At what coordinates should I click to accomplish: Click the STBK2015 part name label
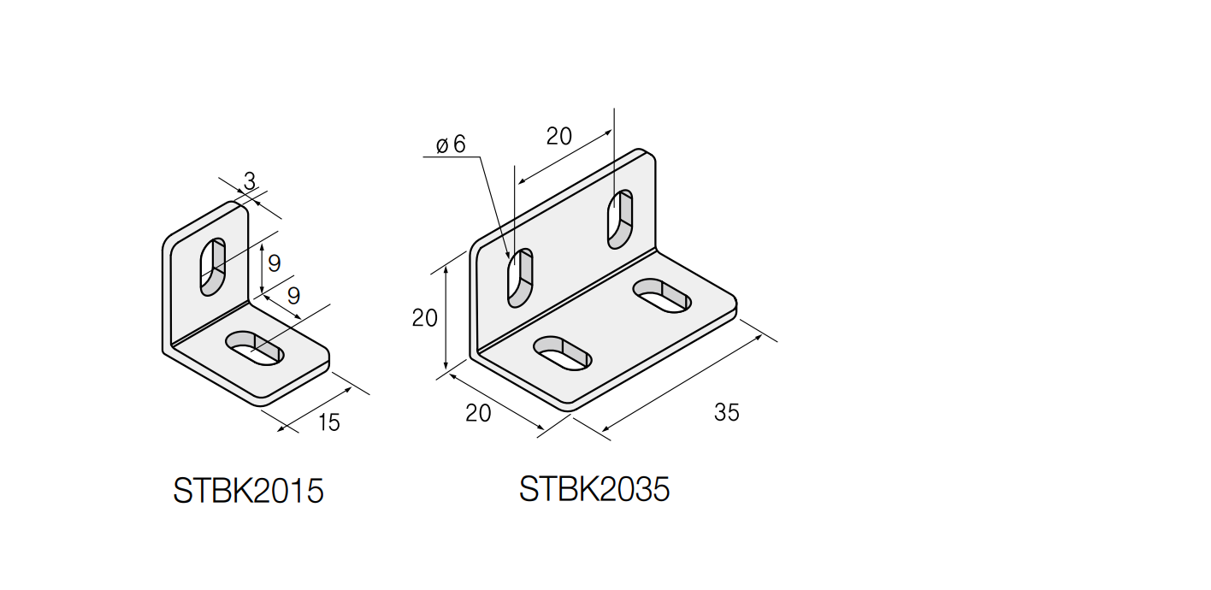pyautogui.click(x=248, y=492)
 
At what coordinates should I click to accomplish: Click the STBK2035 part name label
pyautogui.click(x=594, y=489)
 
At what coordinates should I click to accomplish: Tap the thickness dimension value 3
pyautogui.click(x=249, y=180)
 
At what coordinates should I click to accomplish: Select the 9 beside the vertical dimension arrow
pyautogui.click(x=274, y=263)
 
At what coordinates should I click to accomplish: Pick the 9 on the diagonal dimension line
pyautogui.click(x=293, y=296)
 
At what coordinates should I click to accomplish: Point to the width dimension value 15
pyautogui.click(x=328, y=422)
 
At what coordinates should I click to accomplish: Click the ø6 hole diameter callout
pyautogui.click(x=451, y=144)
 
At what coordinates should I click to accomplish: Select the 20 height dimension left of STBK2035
pyautogui.click(x=424, y=318)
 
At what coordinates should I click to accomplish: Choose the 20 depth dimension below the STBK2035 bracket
pyautogui.click(x=478, y=413)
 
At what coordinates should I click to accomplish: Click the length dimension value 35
pyautogui.click(x=726, y=412)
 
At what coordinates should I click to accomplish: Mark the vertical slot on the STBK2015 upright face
pyautogui.click(x=212, y=267)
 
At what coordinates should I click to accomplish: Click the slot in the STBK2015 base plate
pyautogui.click(x=255, y=347)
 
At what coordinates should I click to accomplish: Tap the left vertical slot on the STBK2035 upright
pyautogui.click(x=520, y=278)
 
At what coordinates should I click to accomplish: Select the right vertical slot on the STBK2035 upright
pyautogui.click(x=620, y=220)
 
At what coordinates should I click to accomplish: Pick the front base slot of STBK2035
pyautogui.click(x=562, y=352)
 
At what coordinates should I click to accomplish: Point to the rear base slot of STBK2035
pyautogui.click(x=662, y=295)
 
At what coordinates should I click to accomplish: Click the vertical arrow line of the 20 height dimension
pyautogui.click(x=446, y=318)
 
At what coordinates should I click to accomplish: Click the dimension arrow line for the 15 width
pyautogui.click(x=315, y=409)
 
